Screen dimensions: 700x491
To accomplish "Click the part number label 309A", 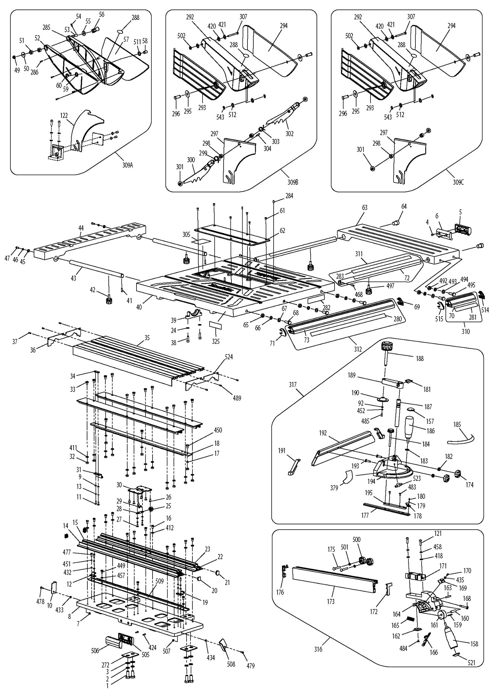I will (x=128, y=165).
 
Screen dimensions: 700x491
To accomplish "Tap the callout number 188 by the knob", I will (x=420, y=359).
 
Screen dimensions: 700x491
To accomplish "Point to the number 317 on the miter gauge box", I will (x=293, y=385).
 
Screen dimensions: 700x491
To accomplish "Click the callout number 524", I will (x=228, y=357).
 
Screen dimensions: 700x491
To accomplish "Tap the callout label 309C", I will (x=458, y=183).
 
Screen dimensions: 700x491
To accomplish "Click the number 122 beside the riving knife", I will (x=64, y=115).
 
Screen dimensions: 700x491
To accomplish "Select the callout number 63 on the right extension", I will (x=365, y=208).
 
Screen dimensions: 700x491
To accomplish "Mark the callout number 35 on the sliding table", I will (x=147, y=338).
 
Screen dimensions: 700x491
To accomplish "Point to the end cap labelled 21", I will (x=217, y=572).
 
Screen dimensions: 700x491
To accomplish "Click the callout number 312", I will (x=358, y=349).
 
